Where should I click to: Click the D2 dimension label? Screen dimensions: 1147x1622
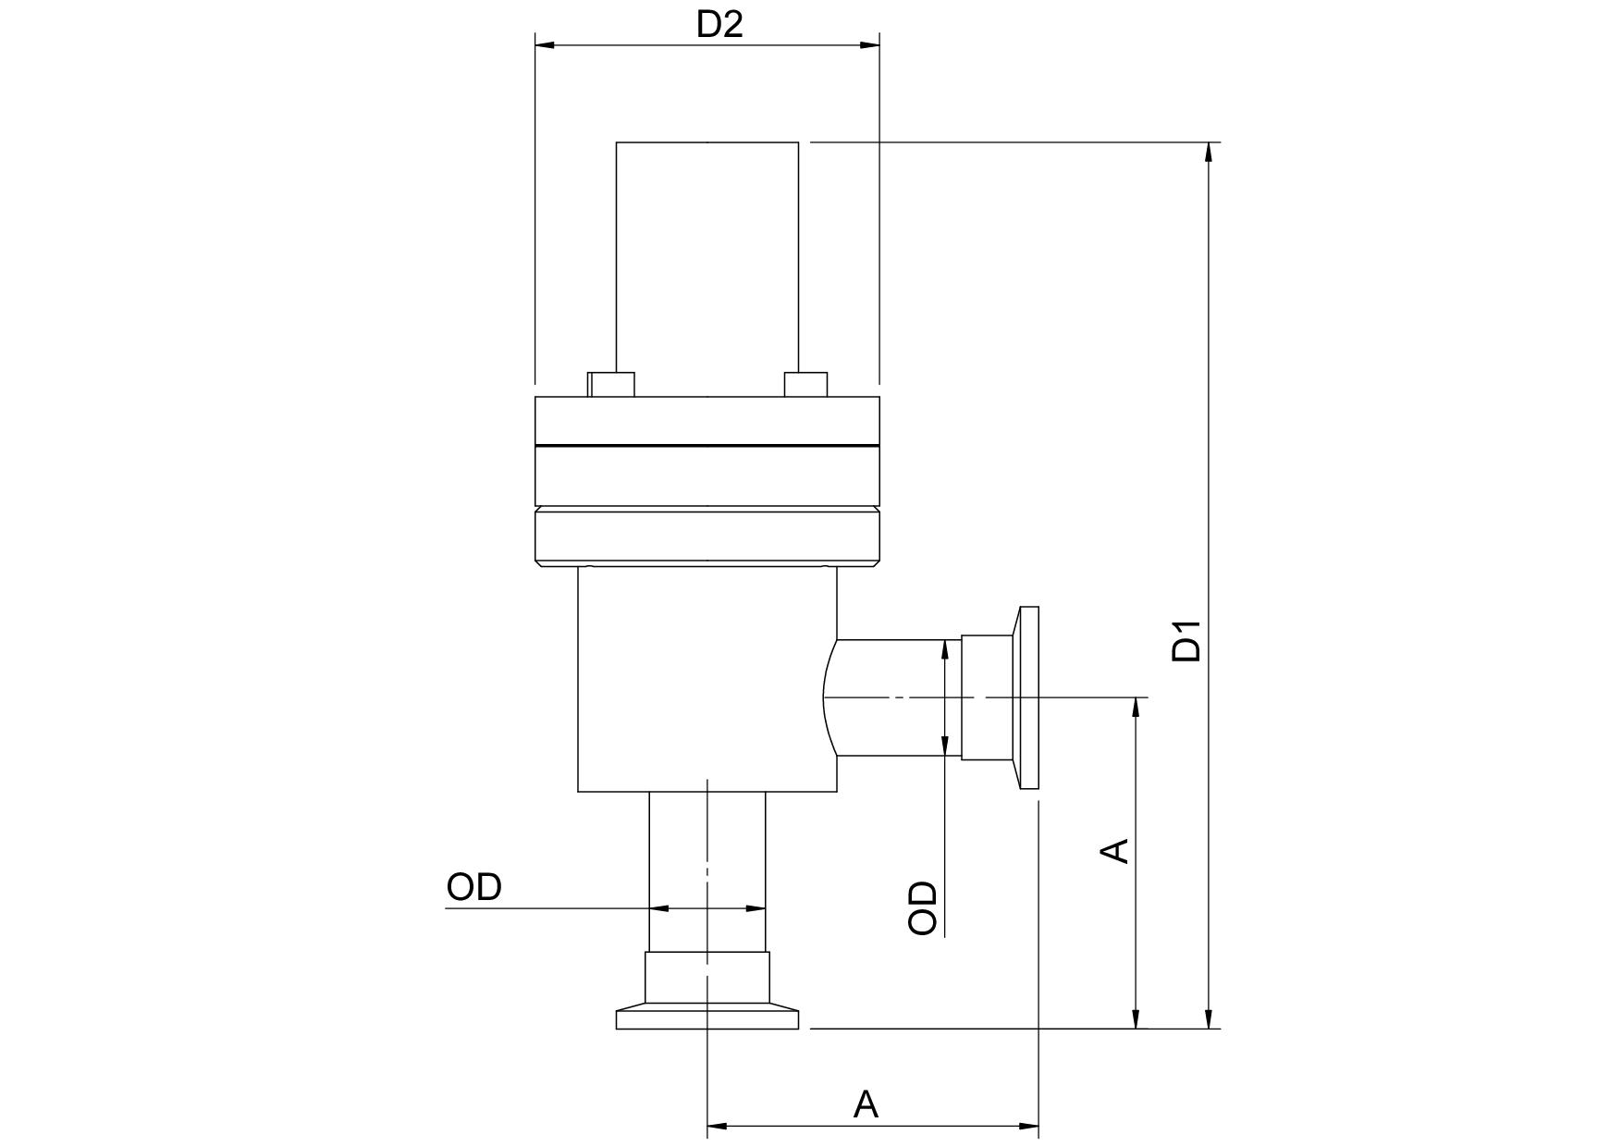719,24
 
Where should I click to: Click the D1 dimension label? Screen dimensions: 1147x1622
1186,640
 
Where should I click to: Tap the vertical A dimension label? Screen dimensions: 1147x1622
1117,850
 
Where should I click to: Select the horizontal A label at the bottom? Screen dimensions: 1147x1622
865,1104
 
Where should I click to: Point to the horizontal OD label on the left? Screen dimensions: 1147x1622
473,886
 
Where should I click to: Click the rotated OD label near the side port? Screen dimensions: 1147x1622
923,907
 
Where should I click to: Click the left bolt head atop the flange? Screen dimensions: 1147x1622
611,384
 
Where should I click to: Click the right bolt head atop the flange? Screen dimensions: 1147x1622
805,384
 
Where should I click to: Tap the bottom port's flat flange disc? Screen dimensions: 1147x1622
707,1020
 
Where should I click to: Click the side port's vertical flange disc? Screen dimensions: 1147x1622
1028,697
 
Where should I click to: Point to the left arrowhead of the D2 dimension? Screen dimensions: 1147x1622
546,44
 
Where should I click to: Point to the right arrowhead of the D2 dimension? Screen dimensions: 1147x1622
868,44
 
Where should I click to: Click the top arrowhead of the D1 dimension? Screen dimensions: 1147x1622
1209,153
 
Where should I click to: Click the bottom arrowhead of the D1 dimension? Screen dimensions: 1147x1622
1209,1017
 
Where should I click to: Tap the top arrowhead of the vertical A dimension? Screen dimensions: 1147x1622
1137,708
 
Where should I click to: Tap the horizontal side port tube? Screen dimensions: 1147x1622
892,697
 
